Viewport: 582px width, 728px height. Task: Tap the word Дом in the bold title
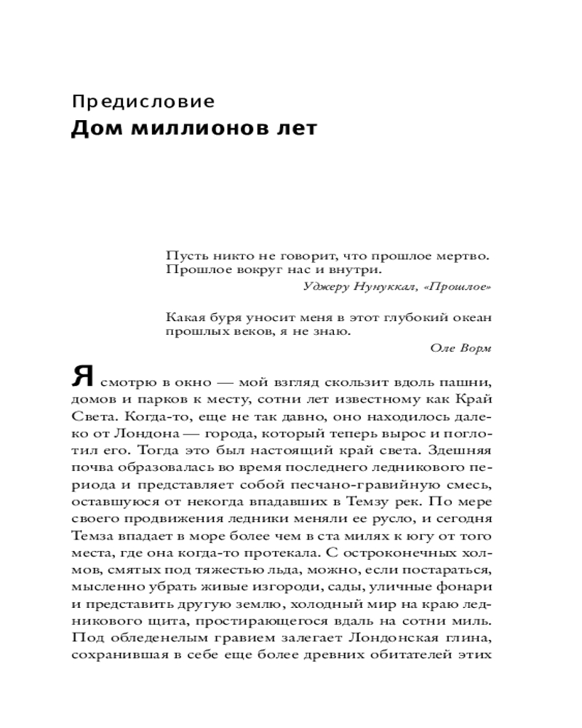92,130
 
